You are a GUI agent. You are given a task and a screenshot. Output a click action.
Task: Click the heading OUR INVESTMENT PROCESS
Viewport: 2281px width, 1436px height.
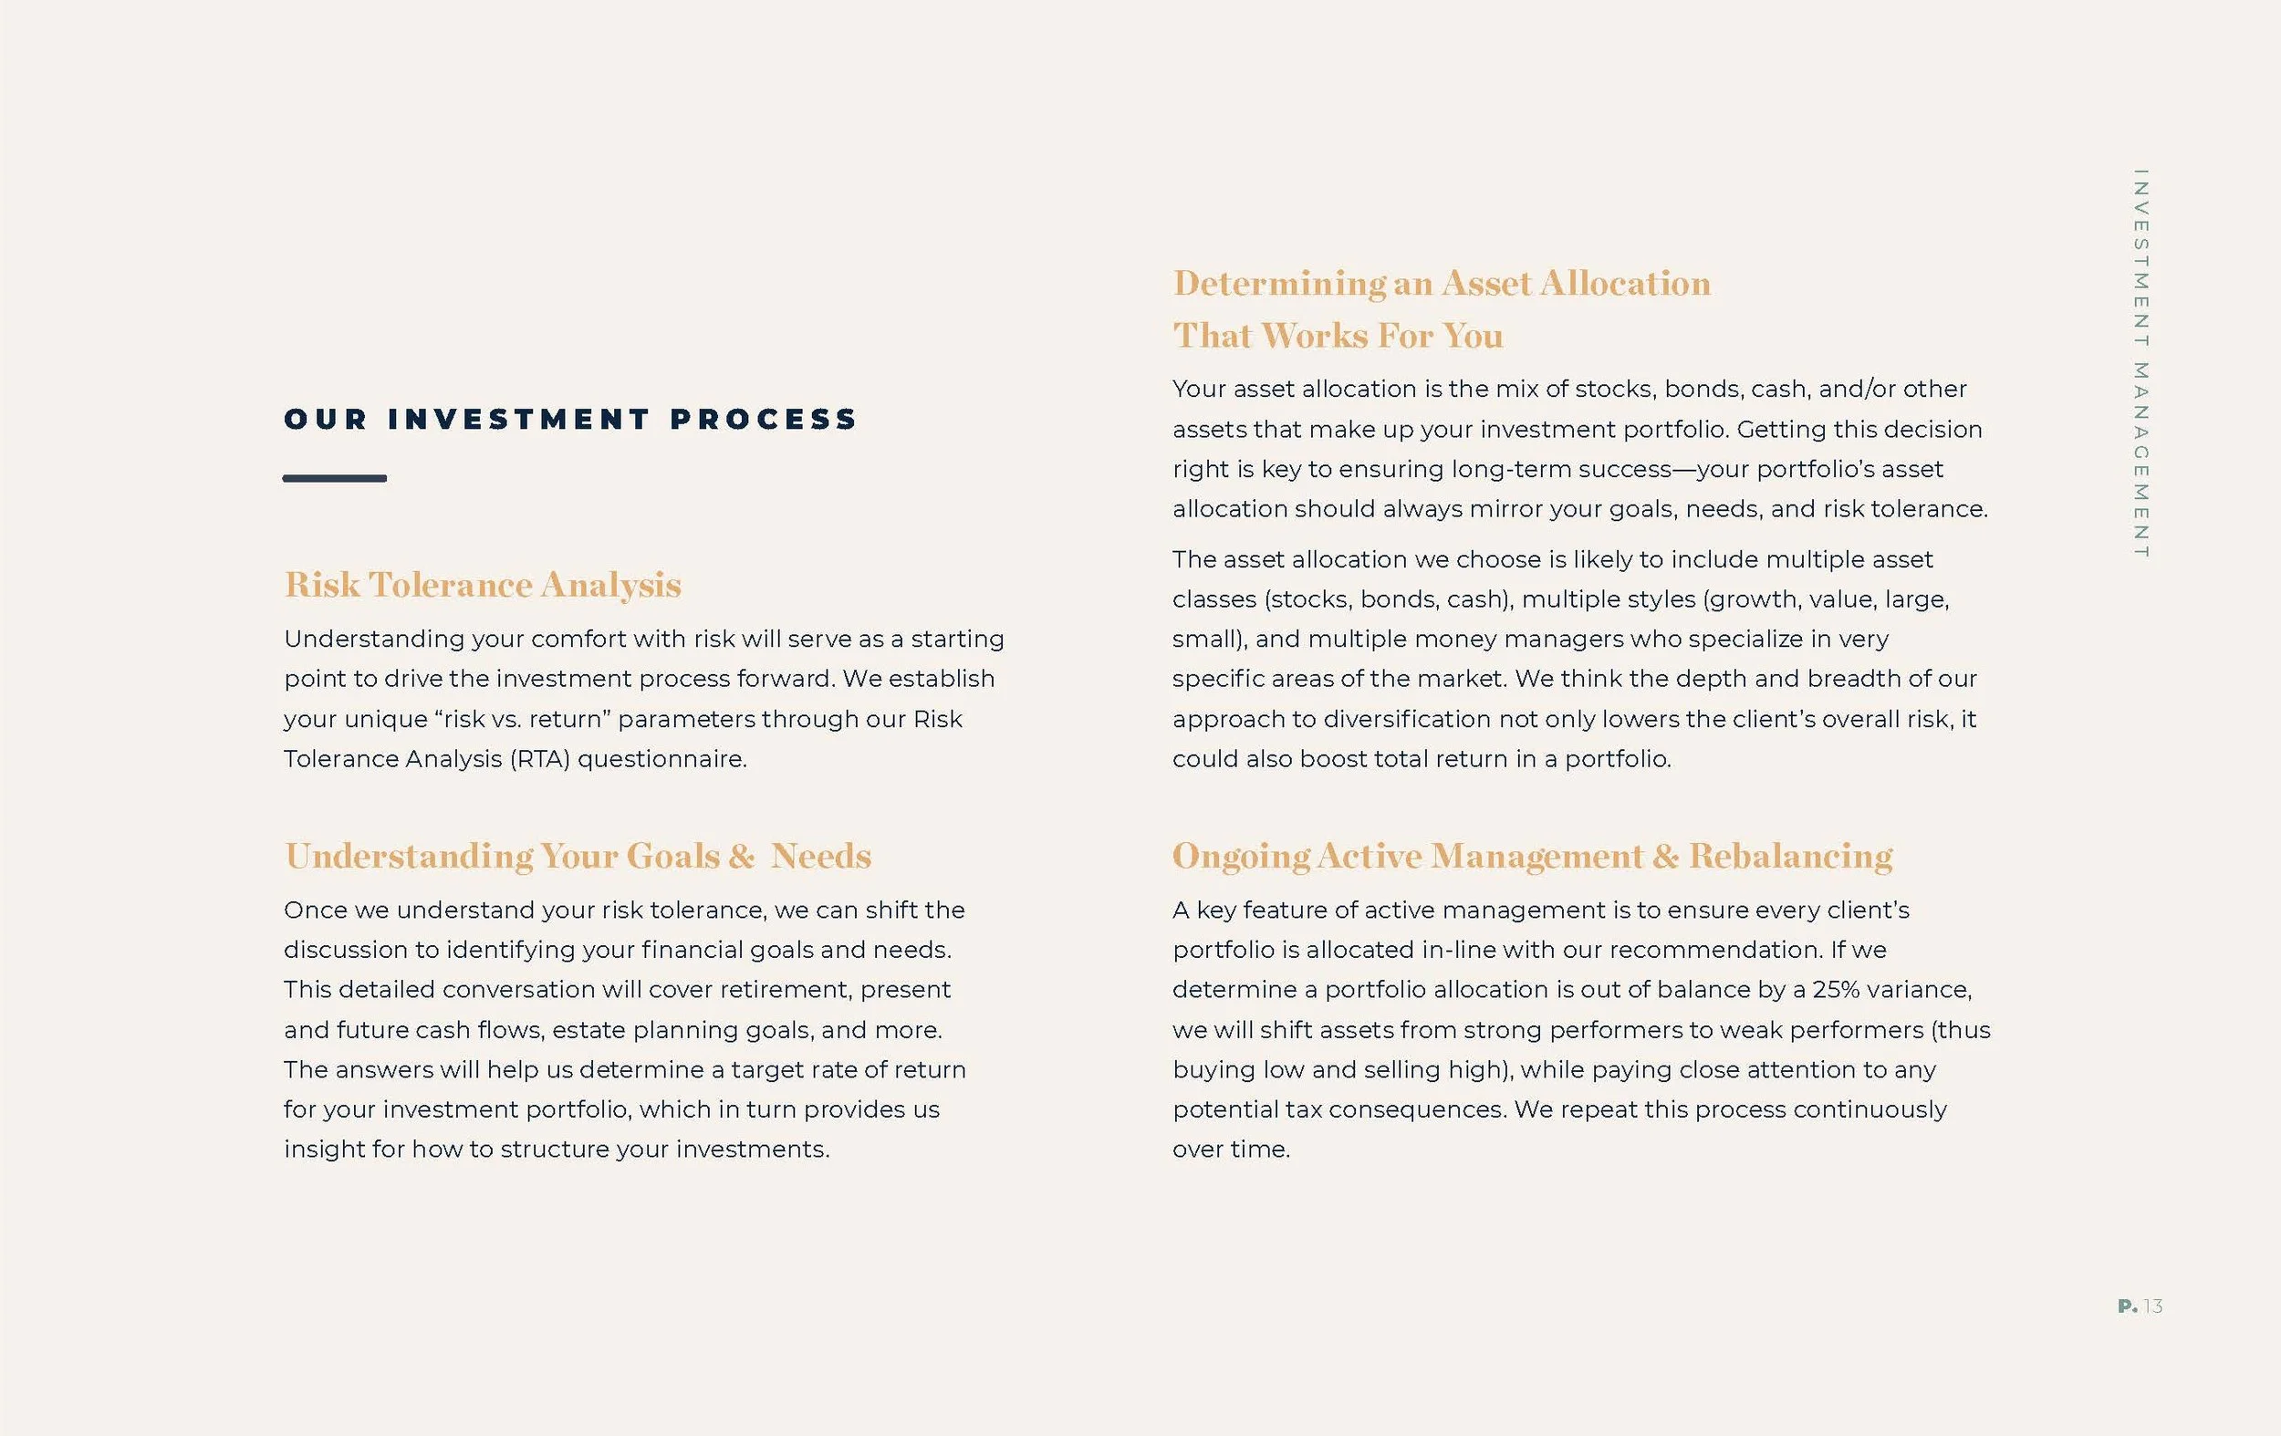coord(570,420)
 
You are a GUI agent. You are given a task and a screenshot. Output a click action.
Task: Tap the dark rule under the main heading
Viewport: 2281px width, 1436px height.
coord(334,478)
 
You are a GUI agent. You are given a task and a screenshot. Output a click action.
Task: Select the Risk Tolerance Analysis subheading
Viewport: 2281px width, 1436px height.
coord(482,585)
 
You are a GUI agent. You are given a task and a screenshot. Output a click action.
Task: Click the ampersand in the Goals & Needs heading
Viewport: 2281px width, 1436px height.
coord(742,857)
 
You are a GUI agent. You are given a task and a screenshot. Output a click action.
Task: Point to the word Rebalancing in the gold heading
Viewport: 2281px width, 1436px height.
coord(1790,857)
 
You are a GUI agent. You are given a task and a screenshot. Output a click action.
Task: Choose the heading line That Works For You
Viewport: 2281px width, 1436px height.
coord(1338,336)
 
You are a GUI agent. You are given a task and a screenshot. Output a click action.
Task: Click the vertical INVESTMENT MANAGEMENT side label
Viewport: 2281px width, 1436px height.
coord(2140,364)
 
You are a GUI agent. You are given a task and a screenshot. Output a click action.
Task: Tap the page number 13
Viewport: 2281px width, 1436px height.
coord(2153,1306)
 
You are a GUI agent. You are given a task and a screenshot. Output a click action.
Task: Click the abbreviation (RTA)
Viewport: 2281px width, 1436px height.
coord(540,759)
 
